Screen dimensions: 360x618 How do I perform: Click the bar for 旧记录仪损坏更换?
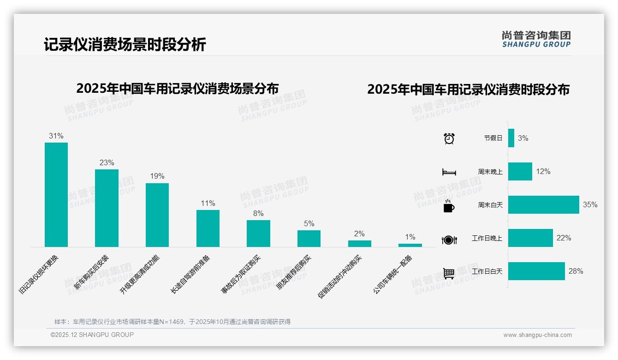[x=56, y=194]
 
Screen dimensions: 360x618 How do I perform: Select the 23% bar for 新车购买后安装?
[x=107, y=208]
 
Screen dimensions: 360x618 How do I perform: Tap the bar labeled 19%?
[x=157, y=215]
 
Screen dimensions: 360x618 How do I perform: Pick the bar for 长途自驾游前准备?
[x=208, y=228]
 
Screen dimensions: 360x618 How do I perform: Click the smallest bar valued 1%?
[x=410, y=245]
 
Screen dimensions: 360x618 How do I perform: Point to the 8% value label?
[x=258, y=213]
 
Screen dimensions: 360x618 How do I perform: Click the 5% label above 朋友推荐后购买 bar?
[x=309, y=223]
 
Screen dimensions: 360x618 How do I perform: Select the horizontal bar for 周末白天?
[x=543, y=204]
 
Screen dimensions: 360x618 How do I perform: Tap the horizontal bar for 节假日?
[x=511, y=138]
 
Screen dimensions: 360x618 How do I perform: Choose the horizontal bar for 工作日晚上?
[x=530, y=238]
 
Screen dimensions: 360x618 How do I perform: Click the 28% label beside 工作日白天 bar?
[x=576, y=271]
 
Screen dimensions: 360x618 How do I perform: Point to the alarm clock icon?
[x=449, y=138]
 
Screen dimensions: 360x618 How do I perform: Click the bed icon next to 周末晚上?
[x=449, y=172]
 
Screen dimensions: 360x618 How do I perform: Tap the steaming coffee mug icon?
[x=449, y=205]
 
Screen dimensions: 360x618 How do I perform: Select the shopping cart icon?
[x=449, y=273]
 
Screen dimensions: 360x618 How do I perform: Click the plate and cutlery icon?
[x=449, y=240]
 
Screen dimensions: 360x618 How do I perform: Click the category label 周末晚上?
[x=490, y=172]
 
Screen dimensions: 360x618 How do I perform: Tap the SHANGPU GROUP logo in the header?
[x=536, y=39]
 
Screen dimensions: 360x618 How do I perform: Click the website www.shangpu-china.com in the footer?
[x=537, y=335]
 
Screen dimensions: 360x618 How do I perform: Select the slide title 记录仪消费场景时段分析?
[x=125, y=45]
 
